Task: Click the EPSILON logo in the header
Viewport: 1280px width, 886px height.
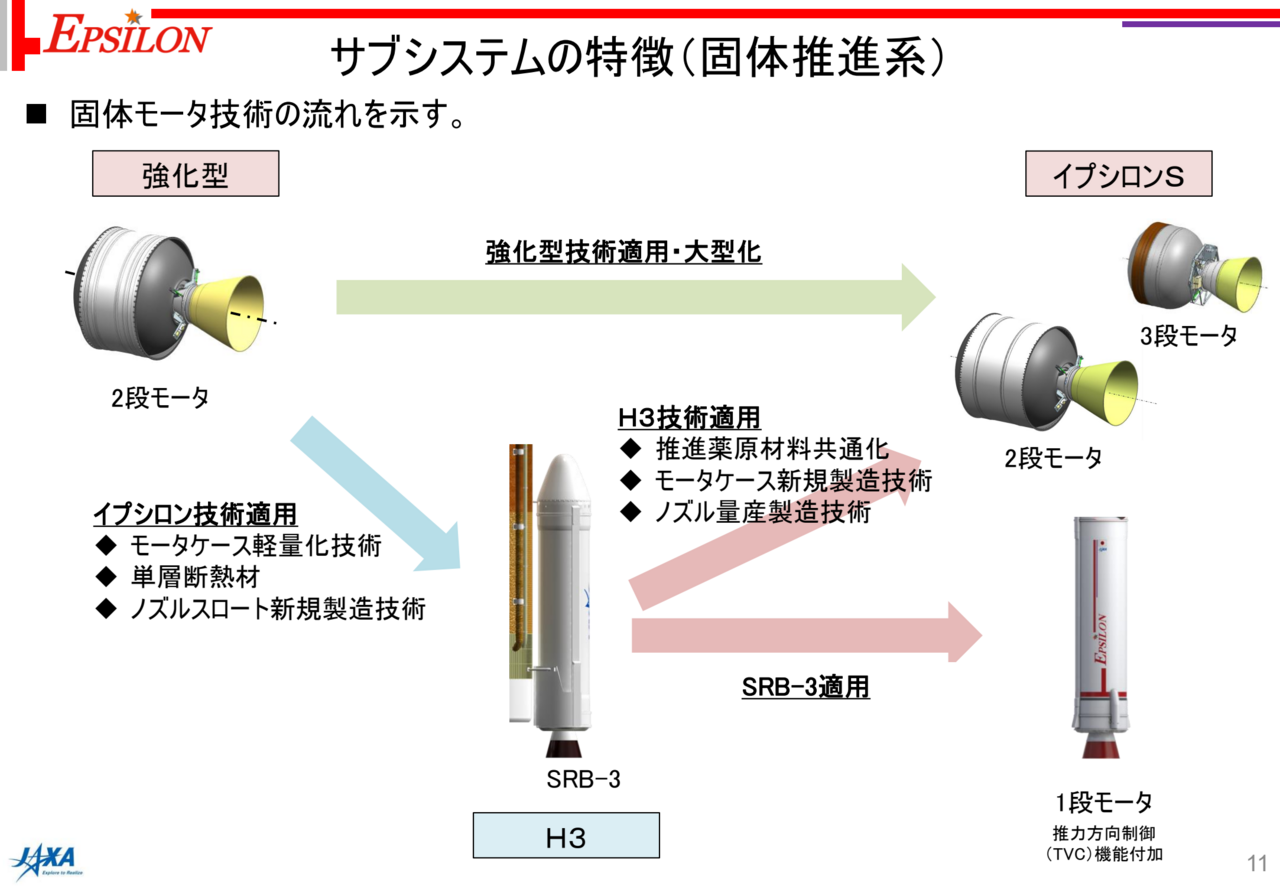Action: pos(127,35)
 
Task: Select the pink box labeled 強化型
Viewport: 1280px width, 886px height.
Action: pos(186,174)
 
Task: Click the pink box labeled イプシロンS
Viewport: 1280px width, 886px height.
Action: pos(1118,174)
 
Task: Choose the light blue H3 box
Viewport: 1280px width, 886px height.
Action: pos(566,835)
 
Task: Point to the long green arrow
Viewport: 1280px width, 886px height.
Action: pos(635,297)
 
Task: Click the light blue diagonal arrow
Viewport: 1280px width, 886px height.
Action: pos(377,494)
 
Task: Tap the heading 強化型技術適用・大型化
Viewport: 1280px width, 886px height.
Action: pos(623,252)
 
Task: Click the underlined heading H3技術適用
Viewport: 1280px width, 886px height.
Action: pos(689,417)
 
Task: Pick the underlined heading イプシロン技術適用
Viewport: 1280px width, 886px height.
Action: pos(195,514)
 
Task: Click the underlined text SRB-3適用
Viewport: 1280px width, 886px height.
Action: pos(806,687)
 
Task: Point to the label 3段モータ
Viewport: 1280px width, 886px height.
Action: pos(1189,336)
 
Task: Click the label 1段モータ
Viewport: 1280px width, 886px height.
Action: pos(1103,802)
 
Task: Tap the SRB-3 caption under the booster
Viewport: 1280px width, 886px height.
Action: pos(583,779)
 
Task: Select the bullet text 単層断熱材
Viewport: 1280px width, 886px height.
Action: pos(195,577)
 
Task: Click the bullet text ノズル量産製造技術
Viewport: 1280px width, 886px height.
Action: pos(763,512)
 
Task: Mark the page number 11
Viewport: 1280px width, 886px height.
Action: pos(1257,863)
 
